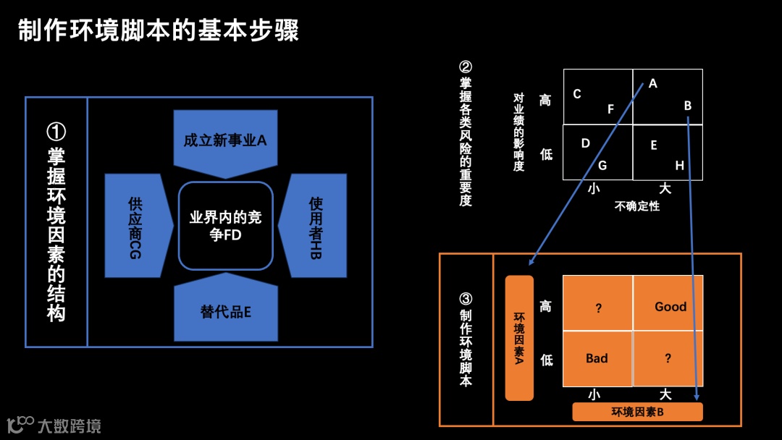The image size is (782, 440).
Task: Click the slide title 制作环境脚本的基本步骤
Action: point(158,32)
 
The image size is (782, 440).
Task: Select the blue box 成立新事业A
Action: point(225,141)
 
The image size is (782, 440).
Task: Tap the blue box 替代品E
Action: point(225,312)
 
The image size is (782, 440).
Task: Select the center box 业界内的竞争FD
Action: point(225,226)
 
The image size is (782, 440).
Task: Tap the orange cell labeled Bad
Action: point(597,358)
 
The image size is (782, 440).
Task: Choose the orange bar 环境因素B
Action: point(637,412)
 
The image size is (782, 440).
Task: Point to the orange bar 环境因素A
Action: point(519,338)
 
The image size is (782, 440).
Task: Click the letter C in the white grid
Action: point(577,94)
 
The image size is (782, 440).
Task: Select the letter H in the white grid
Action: point(679,166)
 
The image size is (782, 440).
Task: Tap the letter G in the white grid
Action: point(602,166)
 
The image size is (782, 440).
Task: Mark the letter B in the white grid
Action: point(688,106)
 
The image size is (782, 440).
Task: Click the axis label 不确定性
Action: point(637,206)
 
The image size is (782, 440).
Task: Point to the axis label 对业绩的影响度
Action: point(518,132)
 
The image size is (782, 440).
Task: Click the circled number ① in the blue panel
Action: point(56,132)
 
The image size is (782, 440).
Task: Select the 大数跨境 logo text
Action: point(69,426)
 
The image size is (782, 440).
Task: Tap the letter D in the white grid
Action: point(586,143)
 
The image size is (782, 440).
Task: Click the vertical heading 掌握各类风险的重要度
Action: point(466,134)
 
